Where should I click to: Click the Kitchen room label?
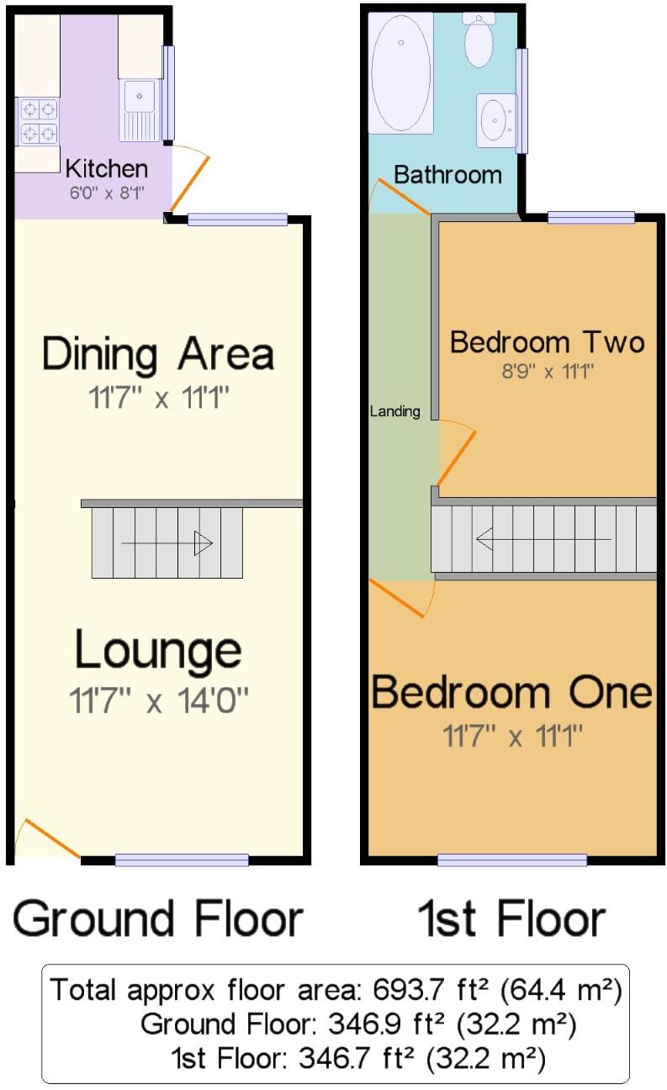click(x=106, y=167)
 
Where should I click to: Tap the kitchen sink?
click(x=140, y=108)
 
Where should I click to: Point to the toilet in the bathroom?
click(x=479, y=40)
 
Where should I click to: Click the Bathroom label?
click(x=447, y=175)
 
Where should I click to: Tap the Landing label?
click(x=394, y=411)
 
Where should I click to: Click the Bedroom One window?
click(x=512, y=860)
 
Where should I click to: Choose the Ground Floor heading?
click(x=157, y=918)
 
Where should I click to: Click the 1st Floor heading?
click(x=511, y=918)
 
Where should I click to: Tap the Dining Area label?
click(x=158, y=353)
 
